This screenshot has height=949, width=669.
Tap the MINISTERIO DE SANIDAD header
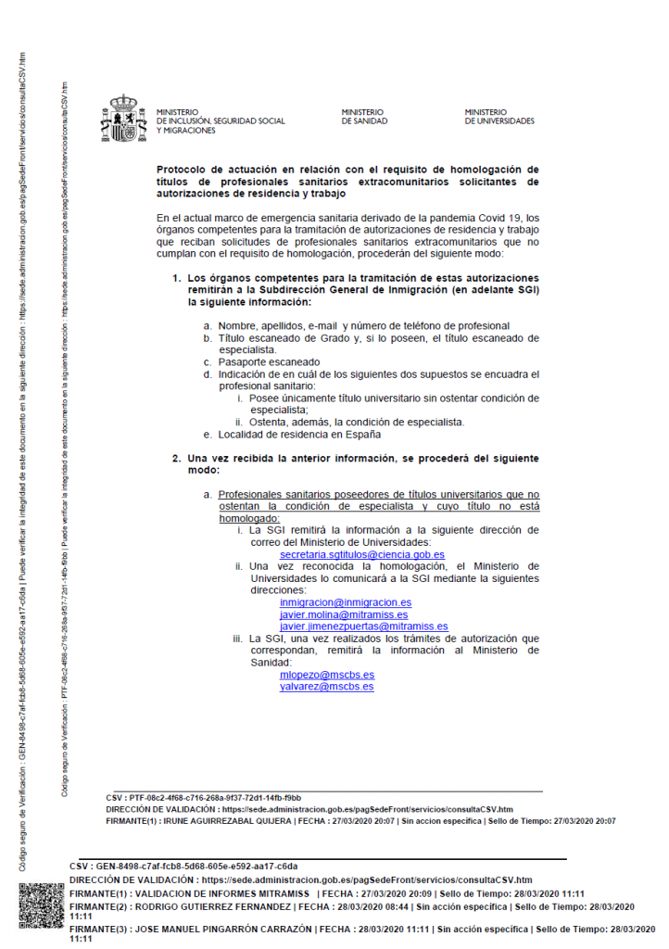pyautogui.click(x=364, y=117)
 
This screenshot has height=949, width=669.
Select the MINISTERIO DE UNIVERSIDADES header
pyautogui.click(x=499, y=117)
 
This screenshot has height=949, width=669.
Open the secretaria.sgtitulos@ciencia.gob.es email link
pyautogui.click(x=362, y=554)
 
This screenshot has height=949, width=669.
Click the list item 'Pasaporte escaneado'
pyautogui.click(x=269, y=361)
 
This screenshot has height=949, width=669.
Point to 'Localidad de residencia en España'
pyautogui.click(x=298, y=434)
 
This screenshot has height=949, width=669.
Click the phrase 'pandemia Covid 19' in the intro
pyautogui.click(x=466, y=219)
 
